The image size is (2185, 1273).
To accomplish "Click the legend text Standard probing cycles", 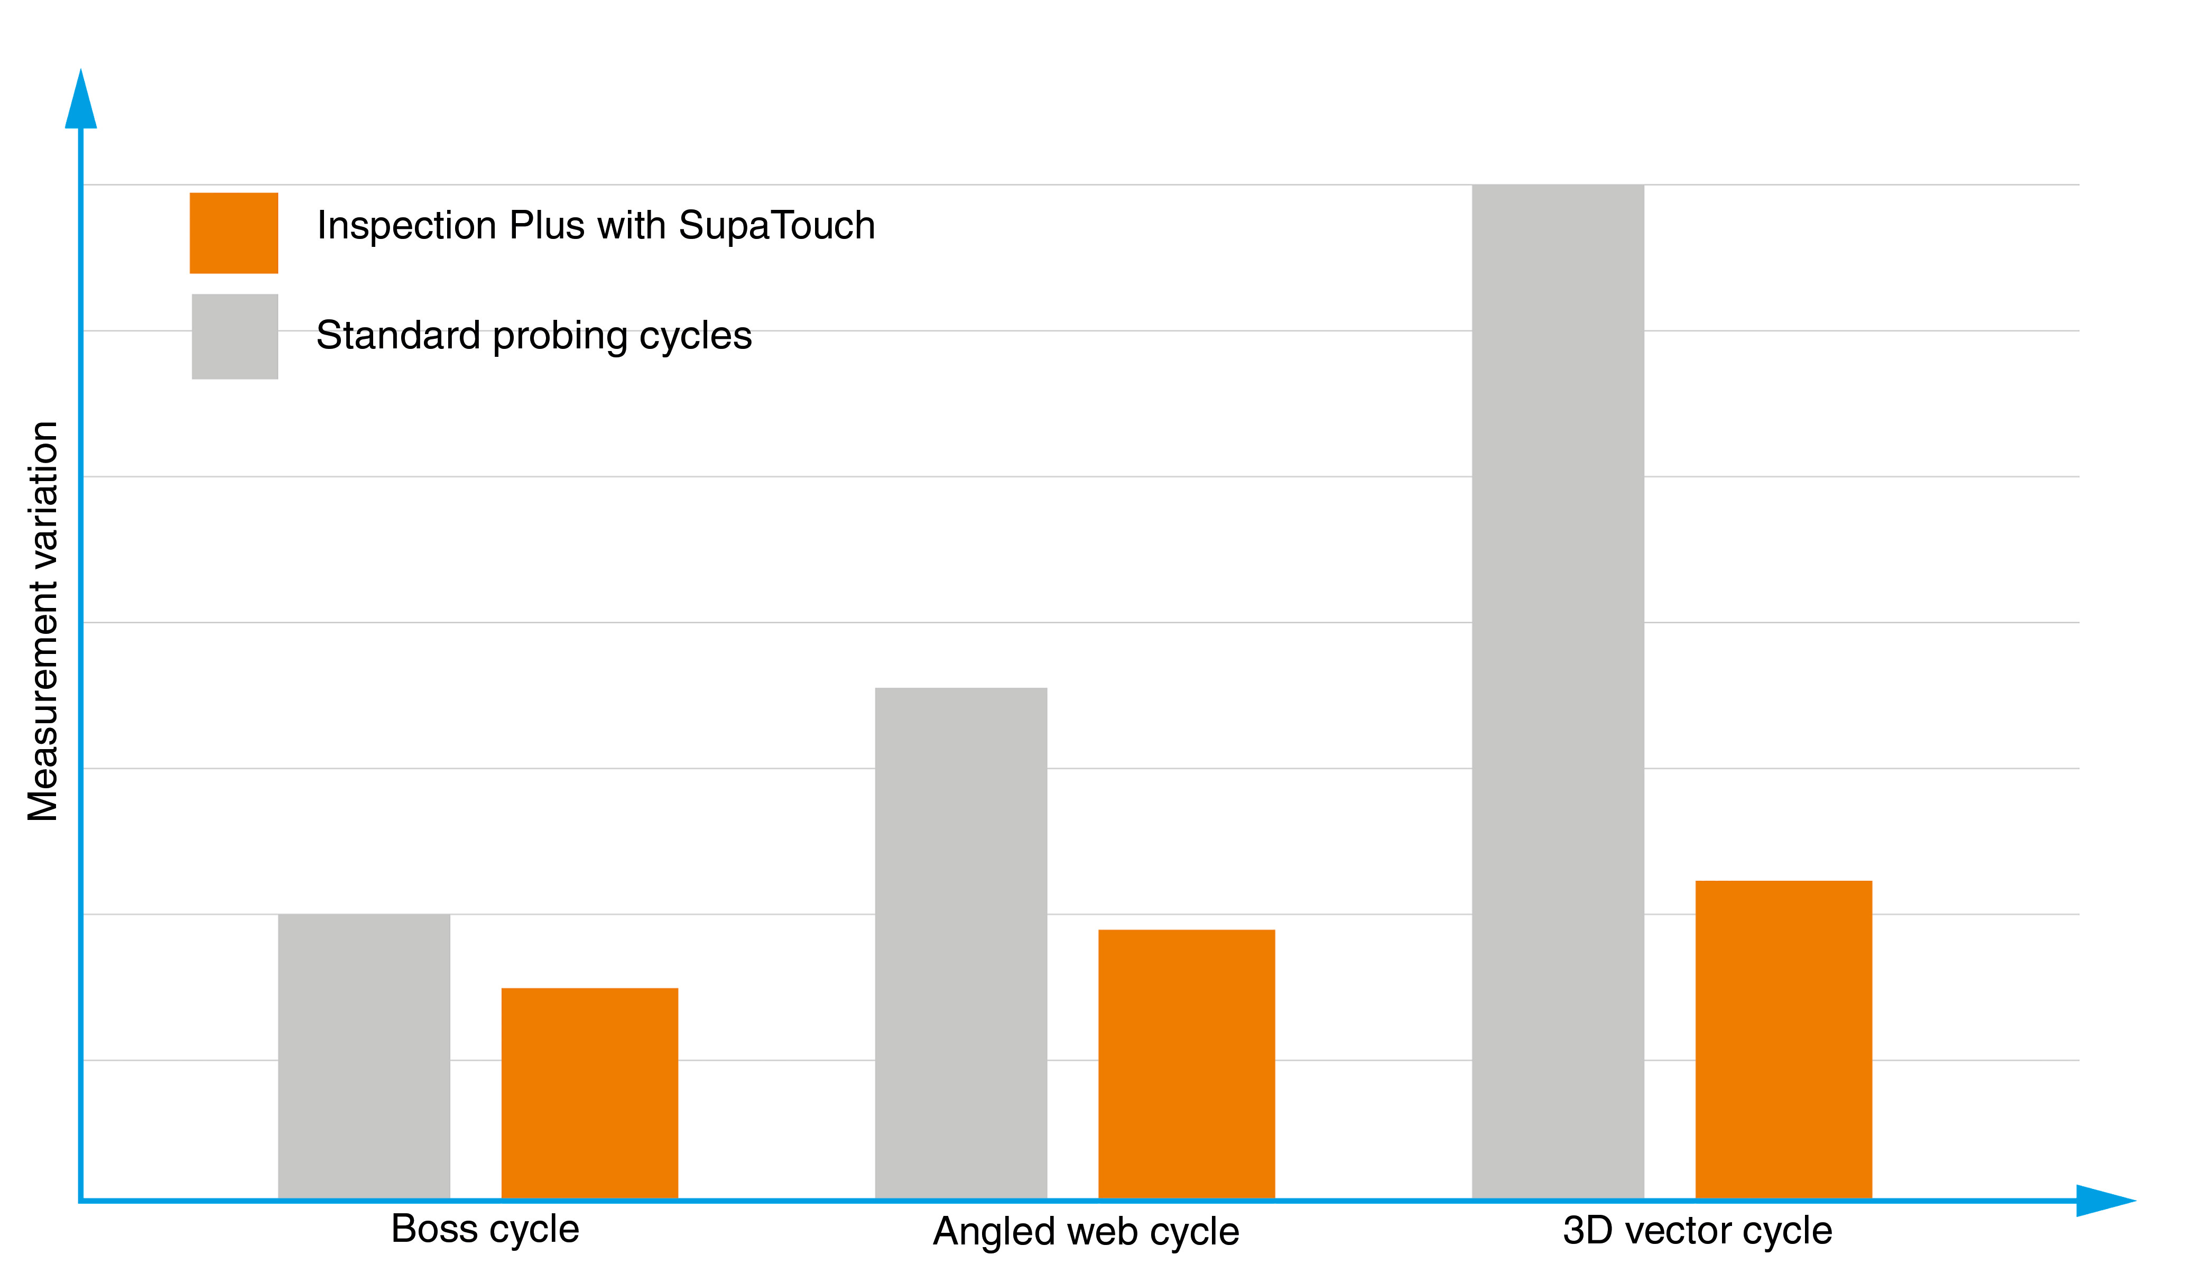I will point(533,336).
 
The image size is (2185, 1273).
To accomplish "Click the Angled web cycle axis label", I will point(1086,1231).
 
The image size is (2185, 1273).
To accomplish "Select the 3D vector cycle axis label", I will point(1697,1231).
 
